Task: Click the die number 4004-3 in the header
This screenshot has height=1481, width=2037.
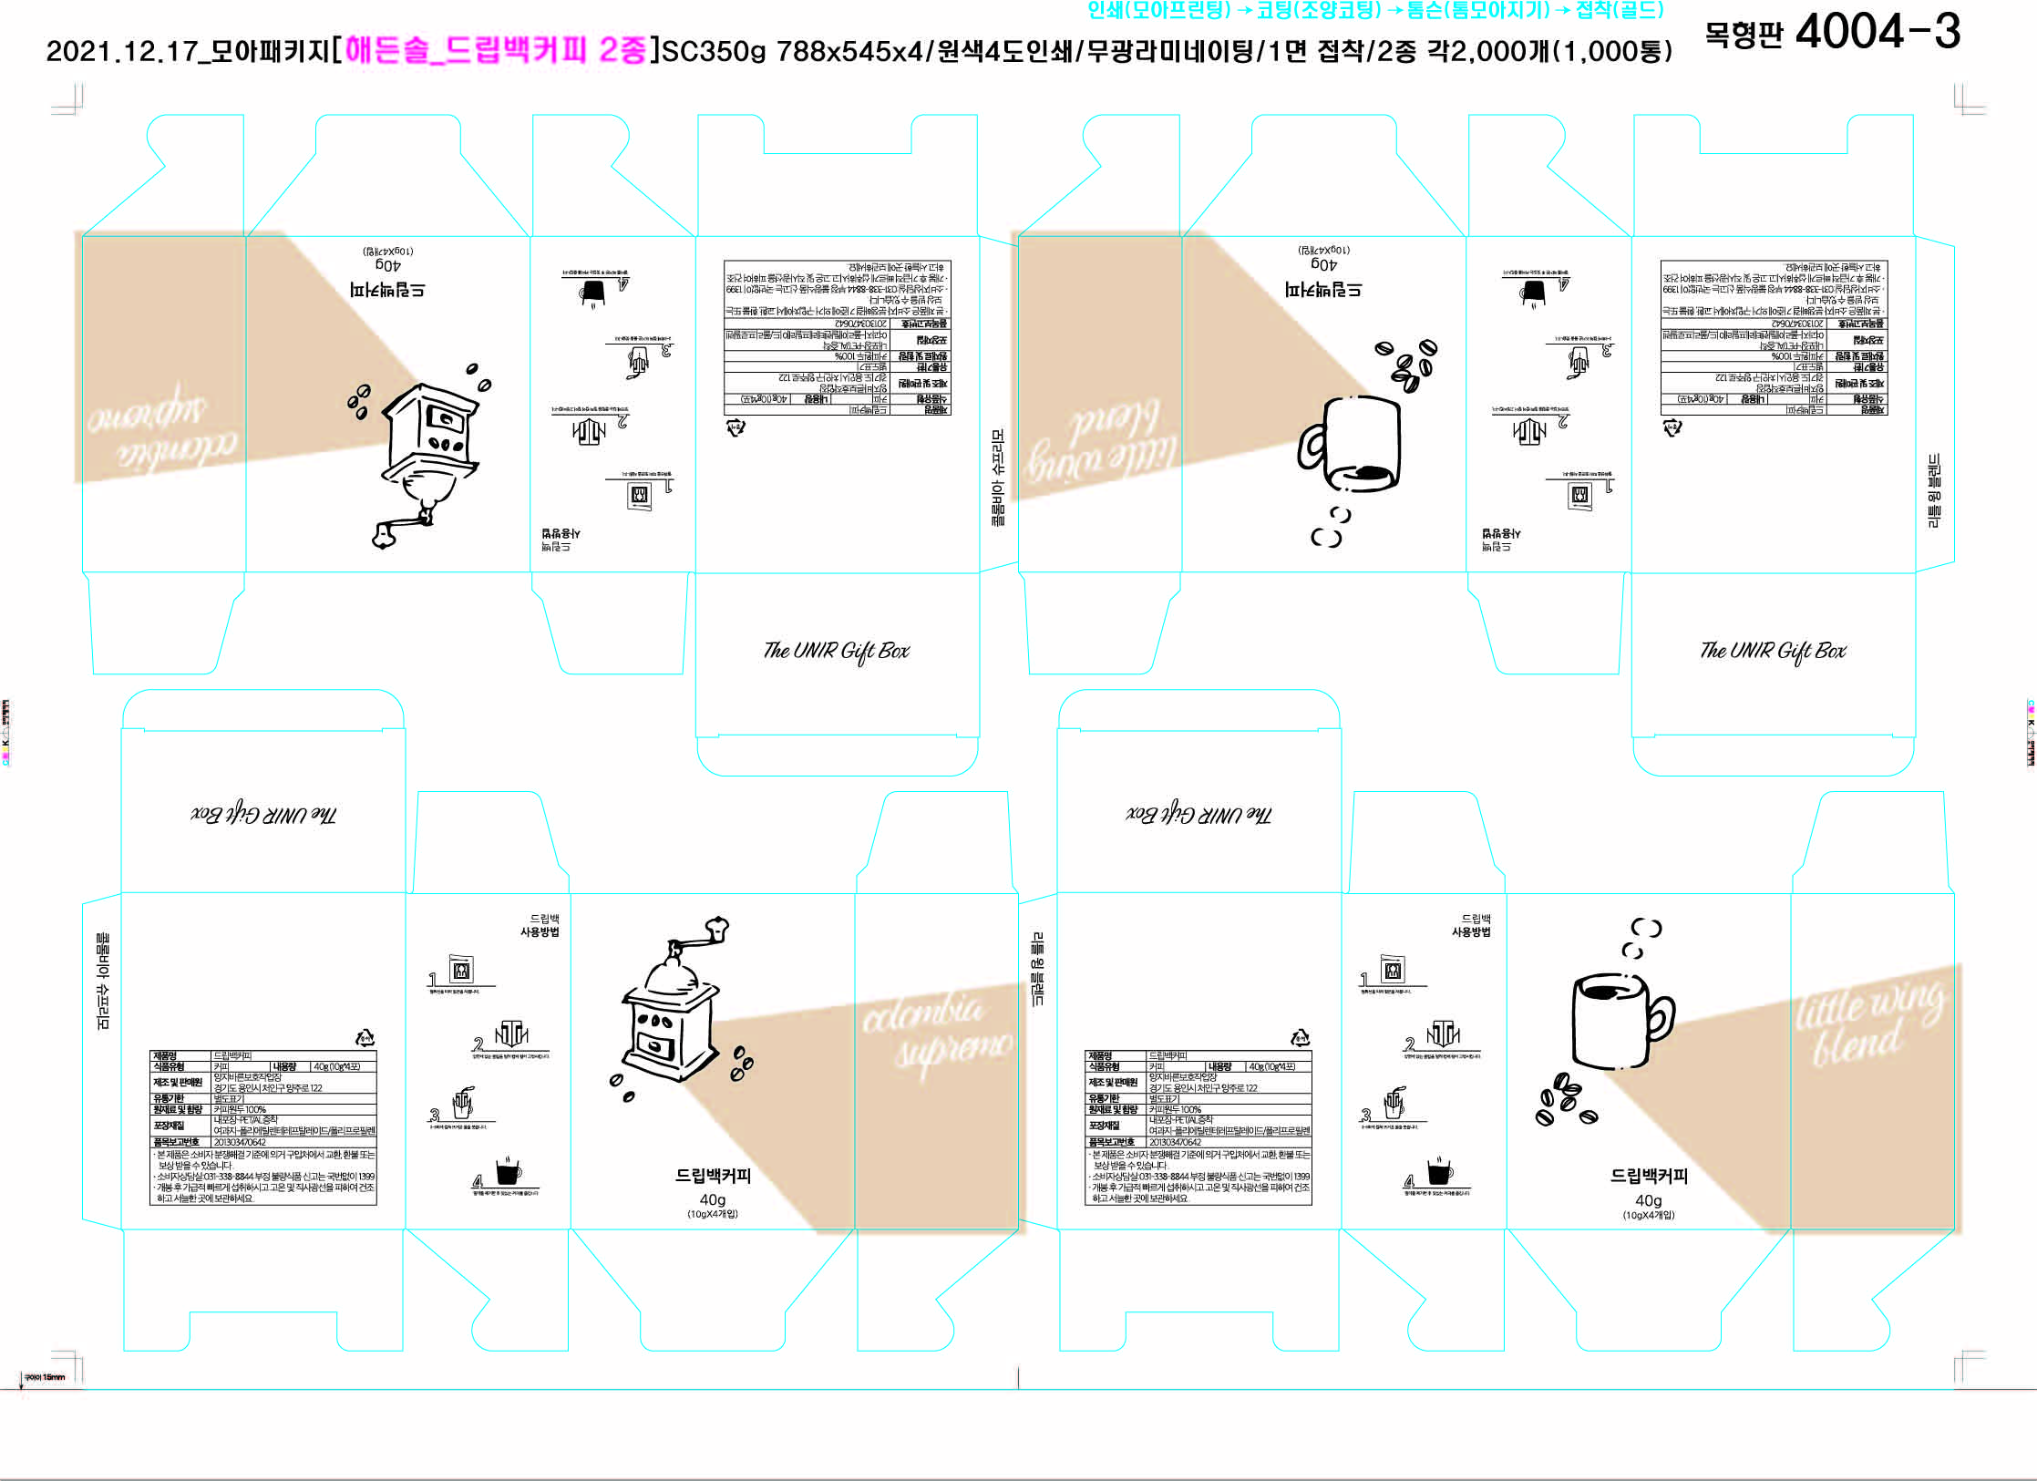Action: tap(1878, 32)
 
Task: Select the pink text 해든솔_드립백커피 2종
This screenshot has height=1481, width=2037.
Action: tap(496, 49)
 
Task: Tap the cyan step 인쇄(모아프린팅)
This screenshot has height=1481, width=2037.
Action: tap(1158, 10)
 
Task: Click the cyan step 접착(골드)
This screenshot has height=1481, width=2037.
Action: tap(1620, 10)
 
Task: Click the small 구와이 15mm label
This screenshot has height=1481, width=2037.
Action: tap(45, 1377)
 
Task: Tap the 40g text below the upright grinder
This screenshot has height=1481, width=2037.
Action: tap(712, 1199)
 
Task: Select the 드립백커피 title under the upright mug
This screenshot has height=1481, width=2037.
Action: tap(1648, 1176)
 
